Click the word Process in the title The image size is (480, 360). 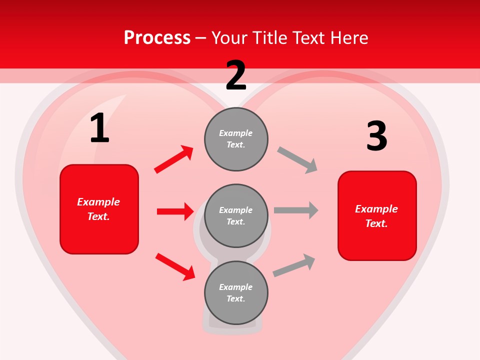157,38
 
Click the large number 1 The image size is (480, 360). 99,128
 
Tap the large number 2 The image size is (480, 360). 236,75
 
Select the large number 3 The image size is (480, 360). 376,136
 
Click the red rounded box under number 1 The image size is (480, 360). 99,209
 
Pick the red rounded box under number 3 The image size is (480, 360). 377,216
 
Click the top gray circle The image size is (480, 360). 236,138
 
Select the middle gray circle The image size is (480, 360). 236,215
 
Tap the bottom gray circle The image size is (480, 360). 236,292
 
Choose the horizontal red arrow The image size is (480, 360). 175,211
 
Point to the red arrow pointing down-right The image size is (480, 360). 175,266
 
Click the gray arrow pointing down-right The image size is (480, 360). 297,160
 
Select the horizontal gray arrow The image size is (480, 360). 296,210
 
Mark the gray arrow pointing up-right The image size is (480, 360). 294,265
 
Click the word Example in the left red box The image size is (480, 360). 98,202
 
